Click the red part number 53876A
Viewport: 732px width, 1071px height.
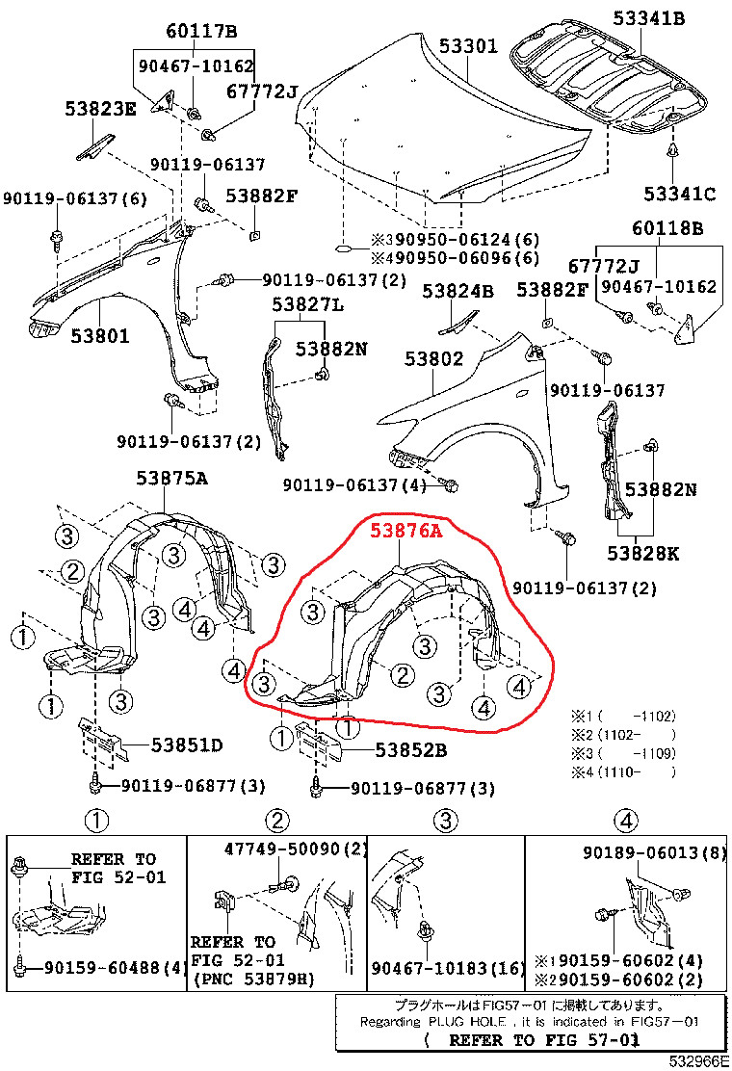point(406,530)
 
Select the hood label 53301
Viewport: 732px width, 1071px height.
point(469,44)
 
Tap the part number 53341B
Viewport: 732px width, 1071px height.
point(649,16)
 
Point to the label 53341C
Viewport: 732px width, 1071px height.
point(680,194)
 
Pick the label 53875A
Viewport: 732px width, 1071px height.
point(172,478)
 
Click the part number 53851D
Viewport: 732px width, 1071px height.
point(187,744)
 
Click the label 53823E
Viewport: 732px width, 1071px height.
point(101,108)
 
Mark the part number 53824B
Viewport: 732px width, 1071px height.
point(457,290)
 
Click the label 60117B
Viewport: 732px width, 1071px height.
point(200,32)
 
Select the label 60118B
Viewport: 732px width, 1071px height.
point(667,228)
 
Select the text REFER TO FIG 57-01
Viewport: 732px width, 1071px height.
point(542,1040)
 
